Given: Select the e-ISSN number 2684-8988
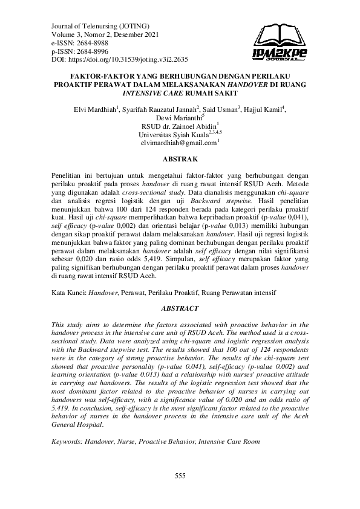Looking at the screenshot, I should (93, 44).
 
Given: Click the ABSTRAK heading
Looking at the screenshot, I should (179, 159).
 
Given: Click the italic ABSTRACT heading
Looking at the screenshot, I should (179, 308).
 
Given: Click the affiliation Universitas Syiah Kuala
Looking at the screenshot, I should (172, 134).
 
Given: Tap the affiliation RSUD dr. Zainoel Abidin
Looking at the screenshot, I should (178, 126).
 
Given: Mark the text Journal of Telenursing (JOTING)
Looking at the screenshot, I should (92, 27).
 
